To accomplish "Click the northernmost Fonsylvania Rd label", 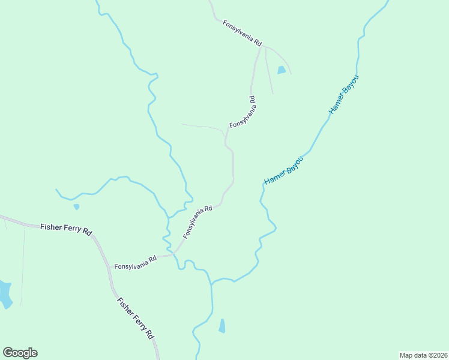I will (x=243, y=34).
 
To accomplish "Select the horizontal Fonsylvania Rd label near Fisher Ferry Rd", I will (x=135, y=262).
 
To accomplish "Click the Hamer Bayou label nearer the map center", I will (x=285, y=170).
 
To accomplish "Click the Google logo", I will (x=20, y=353).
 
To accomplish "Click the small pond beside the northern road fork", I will (x=282, y=70).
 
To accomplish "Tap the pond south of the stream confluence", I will (x=222, y=326).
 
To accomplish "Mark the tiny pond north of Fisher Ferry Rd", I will (x=76, y=207).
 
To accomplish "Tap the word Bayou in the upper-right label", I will (x=351, y=85).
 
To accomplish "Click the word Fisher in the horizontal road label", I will (x=49, y=227).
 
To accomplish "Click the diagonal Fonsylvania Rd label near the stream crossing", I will (x=197, y=222).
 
